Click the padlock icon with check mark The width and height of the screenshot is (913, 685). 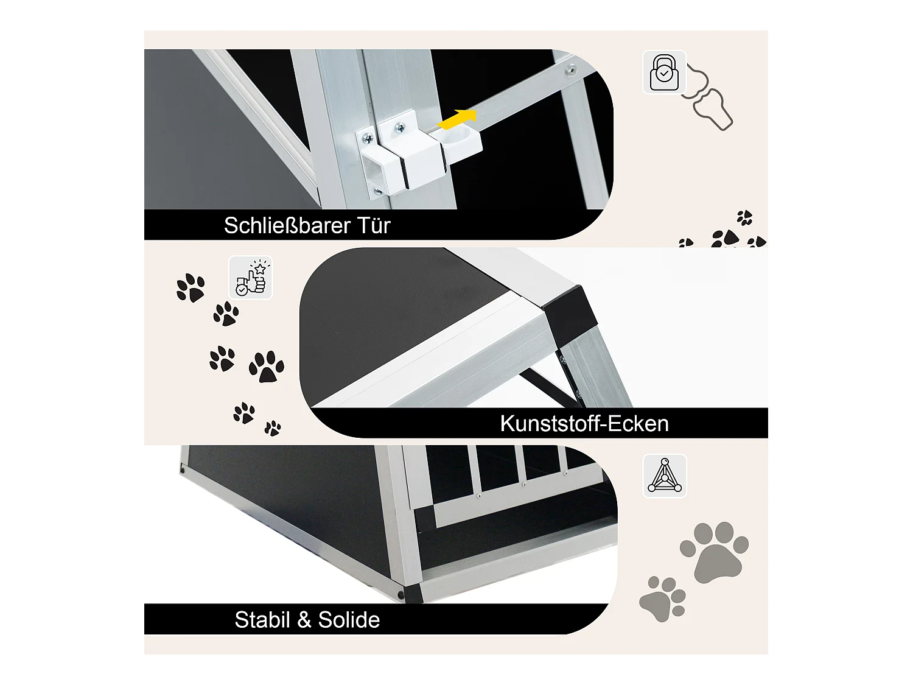click(664, 72)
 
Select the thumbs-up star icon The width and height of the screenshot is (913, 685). click(251, 278)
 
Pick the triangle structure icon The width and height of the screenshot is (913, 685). click(665, 476)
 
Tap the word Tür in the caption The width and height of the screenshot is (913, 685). click(374, 226)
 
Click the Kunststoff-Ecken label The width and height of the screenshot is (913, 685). click(584, 424)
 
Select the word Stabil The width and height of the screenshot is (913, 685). click(262, 620)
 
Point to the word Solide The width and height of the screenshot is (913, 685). click(349, 620)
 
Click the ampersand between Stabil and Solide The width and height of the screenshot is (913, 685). click(304, 620)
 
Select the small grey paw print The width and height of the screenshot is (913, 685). click(662, 599)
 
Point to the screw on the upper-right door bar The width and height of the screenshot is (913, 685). click(570, 71)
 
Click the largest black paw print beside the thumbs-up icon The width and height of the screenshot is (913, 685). click(266, 367)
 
